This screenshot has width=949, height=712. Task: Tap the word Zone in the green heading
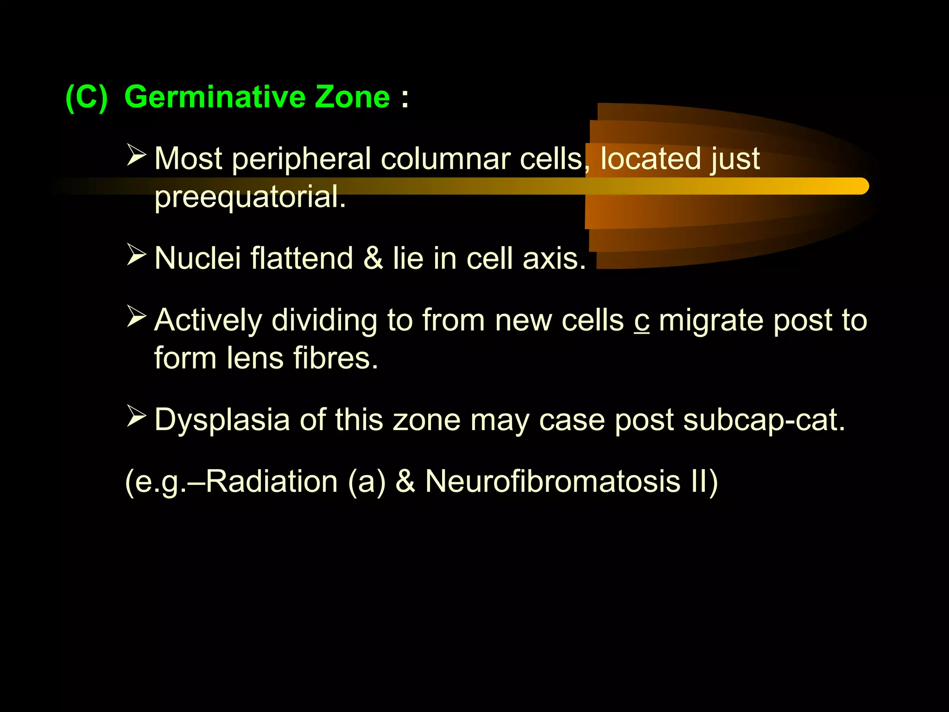point(352,97)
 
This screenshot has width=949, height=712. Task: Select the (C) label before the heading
point(87,97)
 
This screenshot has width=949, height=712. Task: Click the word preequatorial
point(250,197)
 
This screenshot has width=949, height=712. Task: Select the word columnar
point(445,159)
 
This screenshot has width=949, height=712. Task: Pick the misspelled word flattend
point(302,258)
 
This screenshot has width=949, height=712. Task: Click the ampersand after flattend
point(373,258)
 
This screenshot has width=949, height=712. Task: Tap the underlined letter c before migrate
point(642,321)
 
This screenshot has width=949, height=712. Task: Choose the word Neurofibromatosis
point(553,481)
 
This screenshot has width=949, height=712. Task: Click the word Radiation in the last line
point(272,481)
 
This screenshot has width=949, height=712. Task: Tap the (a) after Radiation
point(367,481)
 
